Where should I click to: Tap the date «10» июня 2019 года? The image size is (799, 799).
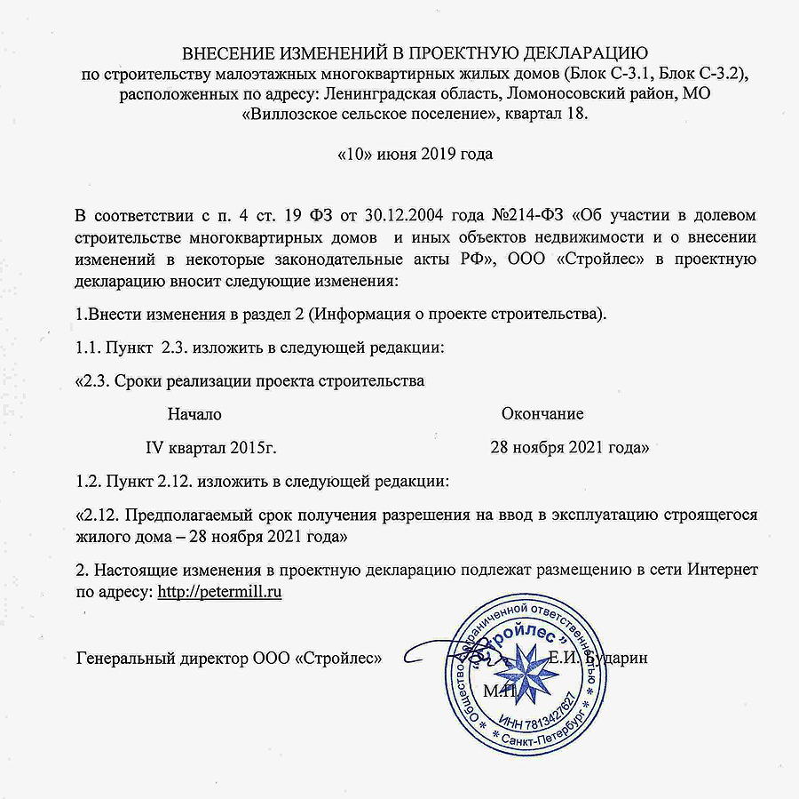click(415, 153)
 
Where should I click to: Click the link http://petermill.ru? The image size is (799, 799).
click(219, 591)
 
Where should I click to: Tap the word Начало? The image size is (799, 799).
click(194, 413)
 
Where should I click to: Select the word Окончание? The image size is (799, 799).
click(542, 413)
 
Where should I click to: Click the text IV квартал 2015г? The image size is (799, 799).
click(218, 448)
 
